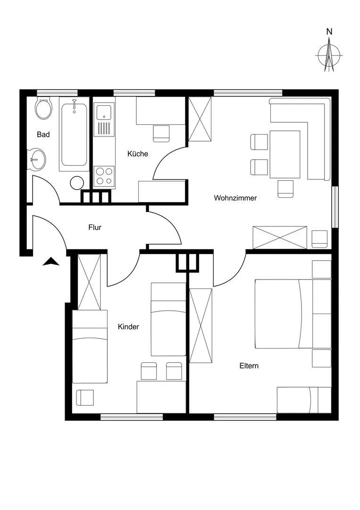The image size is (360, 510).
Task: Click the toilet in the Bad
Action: [x=43, y=108]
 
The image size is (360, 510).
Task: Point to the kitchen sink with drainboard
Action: [x=104, y=119]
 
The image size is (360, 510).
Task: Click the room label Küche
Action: [x=138, y=154]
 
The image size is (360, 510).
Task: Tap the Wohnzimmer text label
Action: [x=235, y=198]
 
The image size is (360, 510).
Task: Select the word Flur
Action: [x=95, y=227]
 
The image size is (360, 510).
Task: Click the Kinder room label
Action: [x=128, y=327]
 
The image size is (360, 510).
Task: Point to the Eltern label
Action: [x=249, y=365]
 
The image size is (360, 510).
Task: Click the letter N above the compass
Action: [x=329, y=32]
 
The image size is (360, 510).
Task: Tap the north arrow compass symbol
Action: [x=329, y=55]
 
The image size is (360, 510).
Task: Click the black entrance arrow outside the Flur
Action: [x=51, y=262]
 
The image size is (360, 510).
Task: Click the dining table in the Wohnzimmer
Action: [x=285, y=154]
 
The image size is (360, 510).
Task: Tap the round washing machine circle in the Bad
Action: [x=77, y=183]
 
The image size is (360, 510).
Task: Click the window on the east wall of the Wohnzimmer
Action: [x=335, y=207]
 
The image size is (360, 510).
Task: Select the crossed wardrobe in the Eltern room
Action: [x=201, y=325]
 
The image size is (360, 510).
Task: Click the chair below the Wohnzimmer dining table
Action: [x=285, y=189]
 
